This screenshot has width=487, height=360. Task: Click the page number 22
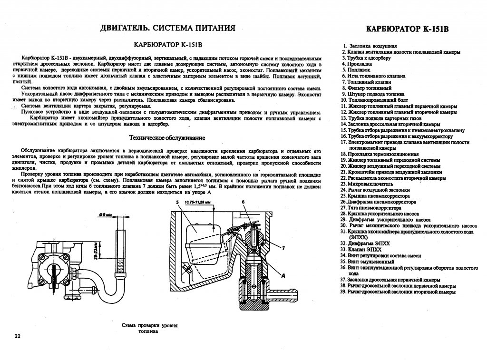click(x=18, y=336)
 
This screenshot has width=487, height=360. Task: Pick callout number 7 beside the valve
click(x=283, y=248)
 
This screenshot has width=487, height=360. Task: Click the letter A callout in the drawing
click(x=283, y=276)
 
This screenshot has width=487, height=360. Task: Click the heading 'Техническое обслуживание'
click(x=167, y=138)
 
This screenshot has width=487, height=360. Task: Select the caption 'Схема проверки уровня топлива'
click(x=150, y=328)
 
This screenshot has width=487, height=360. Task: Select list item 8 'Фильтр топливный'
click(x=366, y=88)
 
